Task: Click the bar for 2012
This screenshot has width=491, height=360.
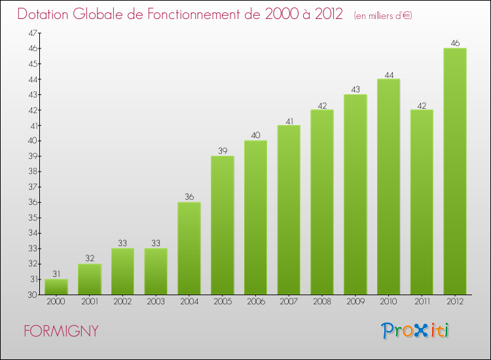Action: tap(455, 171)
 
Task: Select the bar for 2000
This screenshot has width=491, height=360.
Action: tap(56, 287)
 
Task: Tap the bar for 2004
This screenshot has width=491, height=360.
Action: tap(189, 248)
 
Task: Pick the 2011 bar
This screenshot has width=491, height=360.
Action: tap(422, 202)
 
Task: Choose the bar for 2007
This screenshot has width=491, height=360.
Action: tap(289, 210)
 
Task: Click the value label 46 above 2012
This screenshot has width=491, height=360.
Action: tap(455, 43)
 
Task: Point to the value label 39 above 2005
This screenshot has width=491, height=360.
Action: tap(223, 151)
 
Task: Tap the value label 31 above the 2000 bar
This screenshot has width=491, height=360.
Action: tap(56, 274)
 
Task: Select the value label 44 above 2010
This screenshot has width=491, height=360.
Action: tap(389, 75)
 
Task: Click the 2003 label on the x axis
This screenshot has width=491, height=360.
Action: tap(156, 301)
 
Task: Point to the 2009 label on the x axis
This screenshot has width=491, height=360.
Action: tap(355, 301)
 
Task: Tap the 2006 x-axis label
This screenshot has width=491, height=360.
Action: tap(255, 301)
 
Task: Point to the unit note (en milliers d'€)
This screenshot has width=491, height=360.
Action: tap(382, 15)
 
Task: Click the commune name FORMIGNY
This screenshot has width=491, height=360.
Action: tap(61, 331)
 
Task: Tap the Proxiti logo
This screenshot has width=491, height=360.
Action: tap(414, 331)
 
